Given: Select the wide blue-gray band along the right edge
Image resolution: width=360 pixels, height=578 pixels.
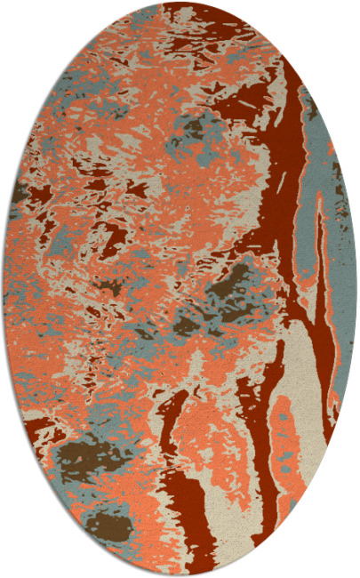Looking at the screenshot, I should [324, 205].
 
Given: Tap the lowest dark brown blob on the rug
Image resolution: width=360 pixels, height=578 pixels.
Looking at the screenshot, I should [111, 525].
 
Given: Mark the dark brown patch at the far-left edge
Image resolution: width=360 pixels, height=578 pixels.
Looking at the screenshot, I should [19, 190].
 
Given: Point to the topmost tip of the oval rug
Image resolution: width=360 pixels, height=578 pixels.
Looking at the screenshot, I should [180, 2].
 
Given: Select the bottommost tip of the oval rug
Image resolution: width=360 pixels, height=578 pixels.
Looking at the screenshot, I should [180, 576].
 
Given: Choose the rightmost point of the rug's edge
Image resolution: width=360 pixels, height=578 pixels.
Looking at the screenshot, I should [357, 289].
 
